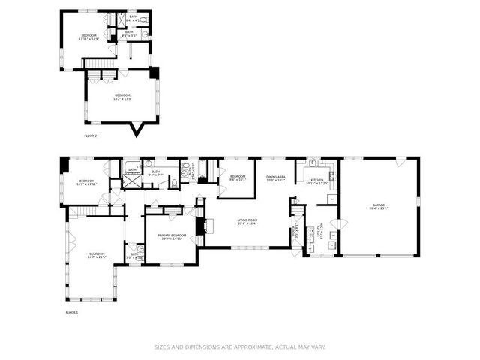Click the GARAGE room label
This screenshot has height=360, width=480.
coord(378,205)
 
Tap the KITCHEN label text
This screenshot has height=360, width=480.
coord(317,181)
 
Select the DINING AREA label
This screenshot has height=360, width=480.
coord(276,178)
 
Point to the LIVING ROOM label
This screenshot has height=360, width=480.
coord(247,221)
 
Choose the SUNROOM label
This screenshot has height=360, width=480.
coord(97,255)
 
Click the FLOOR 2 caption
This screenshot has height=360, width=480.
coord(91,136)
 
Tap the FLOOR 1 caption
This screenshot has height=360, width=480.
coord(71,311)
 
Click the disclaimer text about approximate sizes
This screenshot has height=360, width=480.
coord(240,346)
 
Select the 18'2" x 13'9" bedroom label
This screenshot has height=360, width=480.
coord(121,96)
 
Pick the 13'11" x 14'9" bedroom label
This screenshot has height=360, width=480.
coord(88,36)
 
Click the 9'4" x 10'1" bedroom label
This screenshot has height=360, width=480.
coord(238,178)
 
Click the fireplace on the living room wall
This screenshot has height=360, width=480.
coord(199,226)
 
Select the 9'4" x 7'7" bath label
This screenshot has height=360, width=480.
coord(156,173)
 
